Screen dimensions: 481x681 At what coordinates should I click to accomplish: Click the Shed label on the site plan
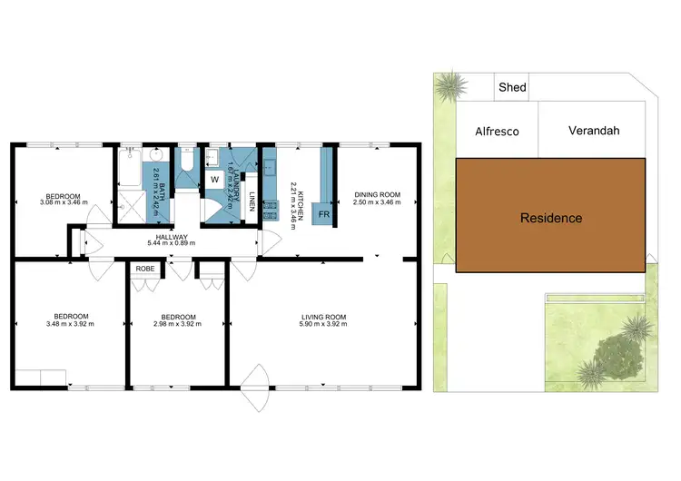(x=513, y=87)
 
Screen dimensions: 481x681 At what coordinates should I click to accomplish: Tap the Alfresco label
(x=498, y=131)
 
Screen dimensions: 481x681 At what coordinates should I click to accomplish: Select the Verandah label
(x=594, y=131)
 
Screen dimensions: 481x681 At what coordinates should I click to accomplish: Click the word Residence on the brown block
(x=551, y=218)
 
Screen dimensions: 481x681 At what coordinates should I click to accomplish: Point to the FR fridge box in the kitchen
(x=324, y=215)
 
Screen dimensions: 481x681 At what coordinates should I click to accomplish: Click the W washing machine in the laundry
(x=215, y=179)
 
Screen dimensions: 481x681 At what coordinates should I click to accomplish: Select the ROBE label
(x=145, y=270)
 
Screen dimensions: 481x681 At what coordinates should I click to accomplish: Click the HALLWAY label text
(x=165, y=236)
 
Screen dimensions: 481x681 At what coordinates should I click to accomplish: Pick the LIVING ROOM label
(x=324, y=317)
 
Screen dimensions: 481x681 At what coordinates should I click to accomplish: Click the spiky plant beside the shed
(x=449, y=88)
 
